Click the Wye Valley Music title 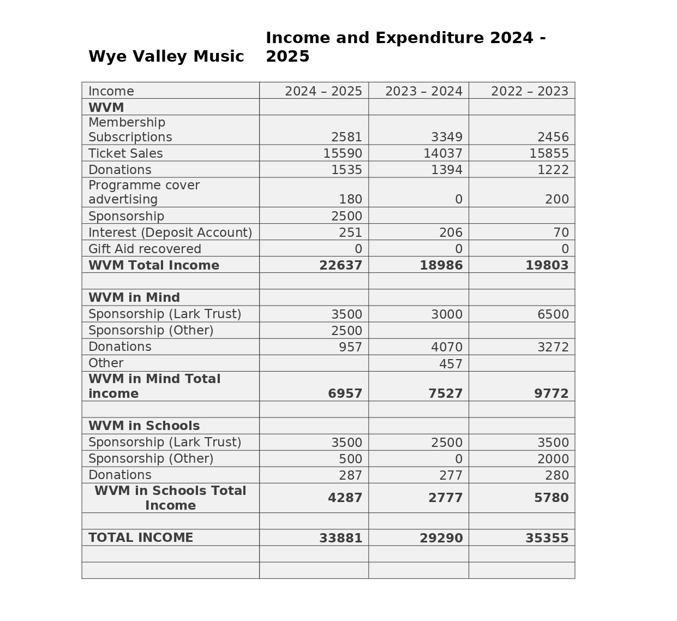(x=166, y=56)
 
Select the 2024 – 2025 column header (x=323, y=91)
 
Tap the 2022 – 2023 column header (x=529, y=91)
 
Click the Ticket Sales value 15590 (x=342, y=153)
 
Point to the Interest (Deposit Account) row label (x=170, y=232)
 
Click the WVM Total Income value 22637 (x=340, y=265)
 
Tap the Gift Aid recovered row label (x=145, y=249)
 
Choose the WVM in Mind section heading (x=134, y=297)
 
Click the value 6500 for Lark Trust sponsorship (x=553, y=314)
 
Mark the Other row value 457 (x=451, y=364)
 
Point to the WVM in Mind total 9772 (x=551, y=393)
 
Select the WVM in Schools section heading (x=144, y=426)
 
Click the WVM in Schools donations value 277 (x=451, y=475)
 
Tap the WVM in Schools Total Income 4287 (x=345, y=498)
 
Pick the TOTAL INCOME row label (x=141, y=538)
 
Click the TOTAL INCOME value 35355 (x=547, y=538)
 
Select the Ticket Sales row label (x=125, y=153)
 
